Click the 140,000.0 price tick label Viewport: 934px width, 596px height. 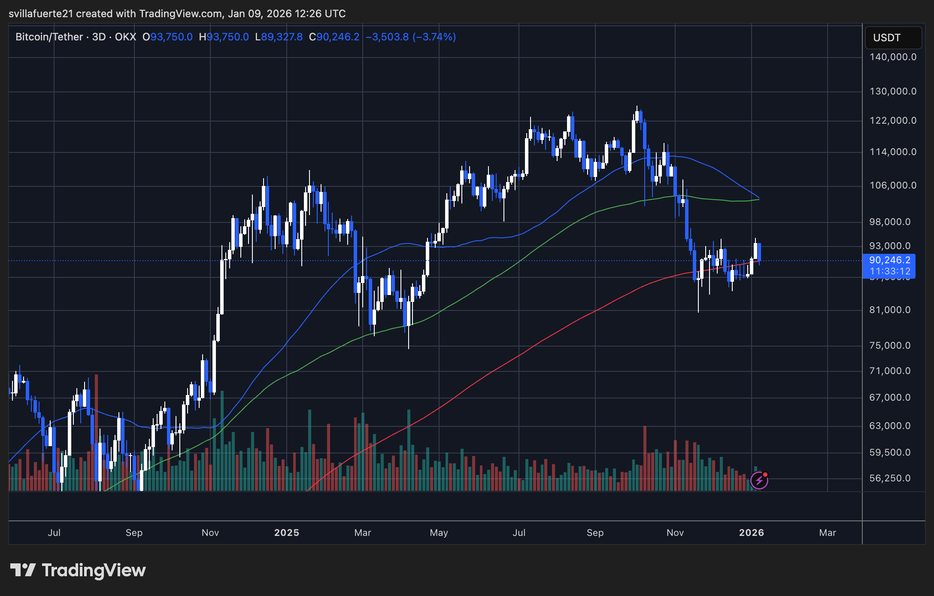coord(893,57)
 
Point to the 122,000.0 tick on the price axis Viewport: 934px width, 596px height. coord(893,121)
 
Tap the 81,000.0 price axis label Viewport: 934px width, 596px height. coord(890,310)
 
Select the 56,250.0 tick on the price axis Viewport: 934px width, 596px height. coord(890,478)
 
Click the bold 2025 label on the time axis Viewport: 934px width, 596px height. coord(286,533)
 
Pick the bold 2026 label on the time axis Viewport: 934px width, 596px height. coord(751,533)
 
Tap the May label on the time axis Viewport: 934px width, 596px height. coord(439,533)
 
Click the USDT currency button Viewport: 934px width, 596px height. coord(893,38)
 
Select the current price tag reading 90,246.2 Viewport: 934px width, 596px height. coord(889,260)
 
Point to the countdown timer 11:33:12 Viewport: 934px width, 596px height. coord(890,271)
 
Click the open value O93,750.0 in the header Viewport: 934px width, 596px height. coord(167,37)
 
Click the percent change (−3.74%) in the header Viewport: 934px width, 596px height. coord(434,37)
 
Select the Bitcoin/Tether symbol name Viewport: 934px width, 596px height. coord(49,37)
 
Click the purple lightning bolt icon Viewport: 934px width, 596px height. coord(759,480)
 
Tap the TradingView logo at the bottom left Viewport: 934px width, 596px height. coord(78,570)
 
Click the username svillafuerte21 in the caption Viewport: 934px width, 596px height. coord(41,14)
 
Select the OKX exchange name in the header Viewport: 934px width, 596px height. coord(125,37)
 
